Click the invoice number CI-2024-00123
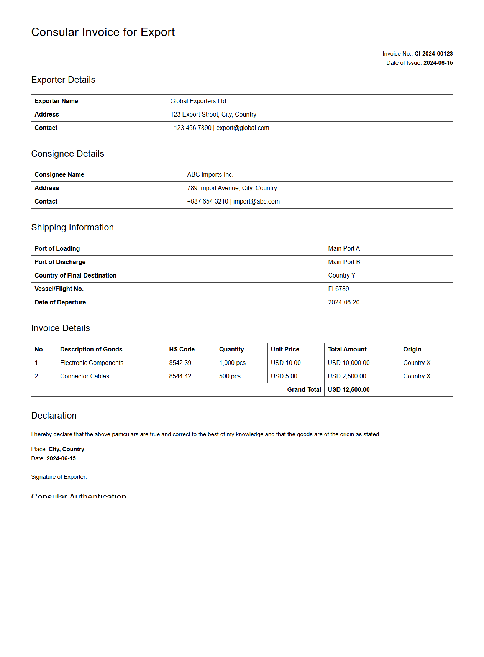(x=433, y=54)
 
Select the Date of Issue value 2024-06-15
(x=438, y=63)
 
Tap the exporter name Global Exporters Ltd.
(x=199, y=101)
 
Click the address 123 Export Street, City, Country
(x=213, y=115)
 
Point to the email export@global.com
(x=243, y=128)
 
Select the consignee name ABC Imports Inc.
(x=210, y=175)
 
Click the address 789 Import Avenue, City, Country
(x=232, y=188)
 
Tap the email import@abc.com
(x=256, y=202)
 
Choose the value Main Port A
(x=344, y=249)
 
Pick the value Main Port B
(x=344, y=262)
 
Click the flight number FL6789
(x=338, y=289)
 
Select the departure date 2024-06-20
(x=344, y=302)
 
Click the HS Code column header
(x=182, y=350)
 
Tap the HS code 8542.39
(x=180, y=363)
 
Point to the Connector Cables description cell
(x=85, y=376)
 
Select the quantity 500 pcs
(x=230, y=376)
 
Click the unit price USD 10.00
(x=285, y=363)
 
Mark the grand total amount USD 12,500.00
(x=348, y=390)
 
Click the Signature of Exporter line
(x=138, y=478)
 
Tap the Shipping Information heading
(x=72, y=228)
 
